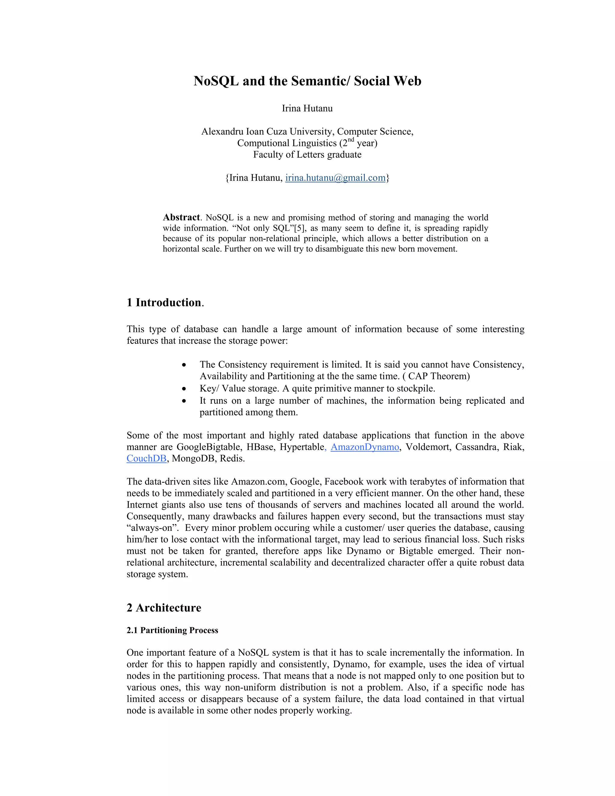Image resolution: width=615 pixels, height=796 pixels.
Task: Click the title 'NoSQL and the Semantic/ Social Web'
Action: tap(307, 81)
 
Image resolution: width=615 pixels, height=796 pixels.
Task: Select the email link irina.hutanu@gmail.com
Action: tap(335, 178)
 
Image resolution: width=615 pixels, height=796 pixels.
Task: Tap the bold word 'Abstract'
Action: tap(181, 217)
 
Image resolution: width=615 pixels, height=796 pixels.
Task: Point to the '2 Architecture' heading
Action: tap(164, 608)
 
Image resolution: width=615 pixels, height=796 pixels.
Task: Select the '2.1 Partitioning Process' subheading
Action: tap(172, 630)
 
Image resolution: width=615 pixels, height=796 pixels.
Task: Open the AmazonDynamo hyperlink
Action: tap(365, 447)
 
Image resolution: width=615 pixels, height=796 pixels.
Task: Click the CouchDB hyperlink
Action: tap(147, 458)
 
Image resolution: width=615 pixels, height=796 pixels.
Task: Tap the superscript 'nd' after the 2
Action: tap(350, 140)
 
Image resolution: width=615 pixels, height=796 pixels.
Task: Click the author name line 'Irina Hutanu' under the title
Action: tap(307, 109)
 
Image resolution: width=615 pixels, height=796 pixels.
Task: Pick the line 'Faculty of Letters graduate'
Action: tap(307, 154)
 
